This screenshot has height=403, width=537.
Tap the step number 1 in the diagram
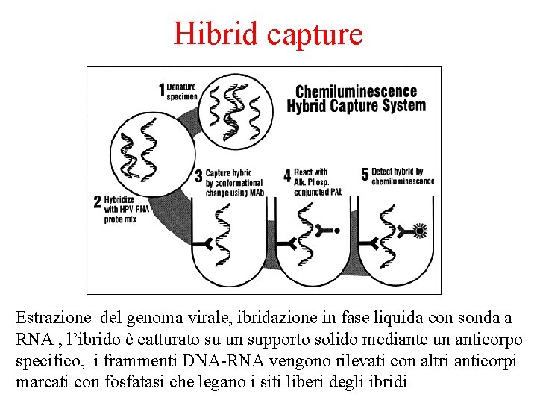click(162, 90)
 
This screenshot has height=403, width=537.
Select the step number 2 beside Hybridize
click(97, 201)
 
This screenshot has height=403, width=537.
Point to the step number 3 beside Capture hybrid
click(198, 176)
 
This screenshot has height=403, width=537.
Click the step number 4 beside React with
click(287, 176)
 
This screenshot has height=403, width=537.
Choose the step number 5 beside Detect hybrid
click(365, 175)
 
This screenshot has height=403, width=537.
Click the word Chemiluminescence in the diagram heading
click(356, 92)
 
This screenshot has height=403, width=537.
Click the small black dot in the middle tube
click(336, 231)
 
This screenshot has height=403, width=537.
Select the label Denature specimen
click(182, 91)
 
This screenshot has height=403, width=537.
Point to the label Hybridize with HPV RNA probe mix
click(127, 210)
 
